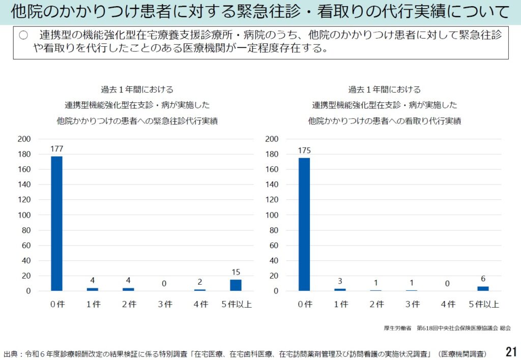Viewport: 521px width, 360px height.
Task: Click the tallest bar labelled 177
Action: click(x=56, y=223)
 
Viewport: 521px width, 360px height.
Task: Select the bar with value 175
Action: click(x=304, y=224)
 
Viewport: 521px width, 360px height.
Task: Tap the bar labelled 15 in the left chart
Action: click(x=236, y=285)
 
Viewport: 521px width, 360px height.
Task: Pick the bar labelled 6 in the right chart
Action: click(x=483, y=288)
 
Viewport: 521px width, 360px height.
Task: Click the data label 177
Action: click(x=56, y=149)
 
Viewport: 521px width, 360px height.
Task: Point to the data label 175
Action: click(x=304, y=151)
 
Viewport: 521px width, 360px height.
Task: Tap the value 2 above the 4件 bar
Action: click(x=200, y=282)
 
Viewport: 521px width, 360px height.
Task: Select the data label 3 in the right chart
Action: click(x=340, y=281)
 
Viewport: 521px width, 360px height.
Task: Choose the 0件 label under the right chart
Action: click(x=304, y=305)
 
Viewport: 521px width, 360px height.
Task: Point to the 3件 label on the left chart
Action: click(x=164, y=305)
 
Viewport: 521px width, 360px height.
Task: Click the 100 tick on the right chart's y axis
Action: click(x=272, y=215)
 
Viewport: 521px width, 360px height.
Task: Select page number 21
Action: click(x=511, y=351)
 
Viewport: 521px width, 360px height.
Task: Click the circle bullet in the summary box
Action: click(x=23, y=35)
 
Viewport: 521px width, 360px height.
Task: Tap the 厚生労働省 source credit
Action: click(x=397, y=328)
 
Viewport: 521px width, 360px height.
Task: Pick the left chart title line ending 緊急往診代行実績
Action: click(x=137, y=122)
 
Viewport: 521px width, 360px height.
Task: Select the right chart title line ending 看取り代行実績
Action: click(x=385, y=122)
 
